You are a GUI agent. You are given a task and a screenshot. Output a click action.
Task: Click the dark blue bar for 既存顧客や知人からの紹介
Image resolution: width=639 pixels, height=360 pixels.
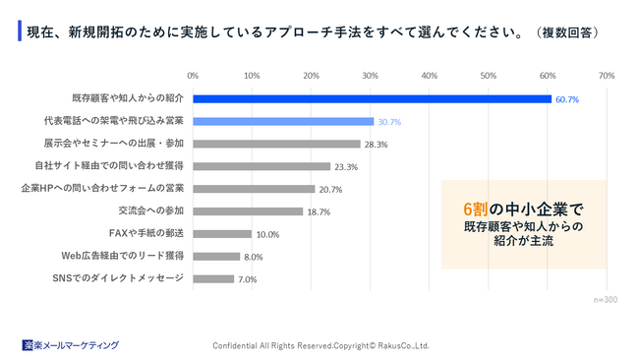(372, 98)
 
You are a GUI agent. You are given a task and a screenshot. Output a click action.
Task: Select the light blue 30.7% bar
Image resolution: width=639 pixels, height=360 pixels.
(283, 121)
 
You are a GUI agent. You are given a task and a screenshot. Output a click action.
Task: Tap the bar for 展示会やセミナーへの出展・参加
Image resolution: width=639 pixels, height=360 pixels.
(276, 144)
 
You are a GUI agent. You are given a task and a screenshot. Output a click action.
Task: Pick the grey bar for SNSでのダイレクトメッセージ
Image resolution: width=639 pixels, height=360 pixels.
(213, 278)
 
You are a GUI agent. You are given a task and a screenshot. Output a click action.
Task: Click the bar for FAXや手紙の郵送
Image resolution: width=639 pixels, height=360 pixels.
(222, 234)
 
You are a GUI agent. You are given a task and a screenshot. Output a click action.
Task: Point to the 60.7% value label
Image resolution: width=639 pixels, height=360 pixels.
(567, 99)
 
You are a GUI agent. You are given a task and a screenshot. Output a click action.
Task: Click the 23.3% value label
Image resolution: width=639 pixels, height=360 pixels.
(346, 167)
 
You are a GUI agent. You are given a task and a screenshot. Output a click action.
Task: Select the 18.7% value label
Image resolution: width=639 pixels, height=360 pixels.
(319, 211)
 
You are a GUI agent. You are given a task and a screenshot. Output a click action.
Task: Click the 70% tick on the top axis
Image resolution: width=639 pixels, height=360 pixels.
(607, 75)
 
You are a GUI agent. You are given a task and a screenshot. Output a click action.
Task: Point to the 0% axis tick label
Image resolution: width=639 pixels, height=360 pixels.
(193, 75)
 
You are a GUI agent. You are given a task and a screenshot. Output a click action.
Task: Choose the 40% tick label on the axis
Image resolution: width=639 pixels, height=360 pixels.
(430, 75)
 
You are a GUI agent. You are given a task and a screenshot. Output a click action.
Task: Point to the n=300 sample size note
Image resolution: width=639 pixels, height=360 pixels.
(606, 299)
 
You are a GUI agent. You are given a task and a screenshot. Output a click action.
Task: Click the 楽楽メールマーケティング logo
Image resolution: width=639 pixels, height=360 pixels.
(71, 345)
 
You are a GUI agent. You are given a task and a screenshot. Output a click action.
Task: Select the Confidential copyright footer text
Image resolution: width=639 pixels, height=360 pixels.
(321, 345)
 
